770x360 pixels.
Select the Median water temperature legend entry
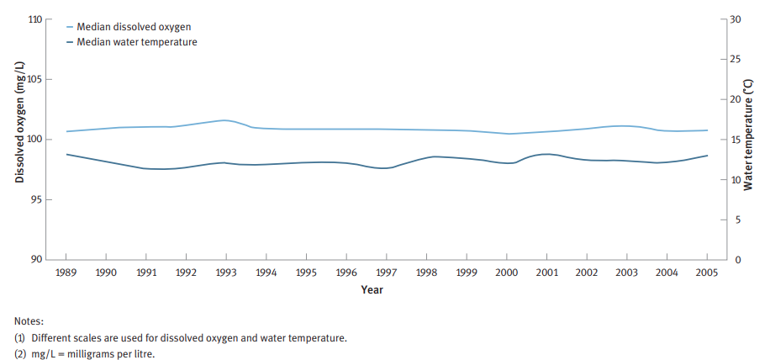[x=134, y=41]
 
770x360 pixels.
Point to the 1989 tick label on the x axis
[x=66, y=273]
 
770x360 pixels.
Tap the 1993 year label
[x=226, y=273]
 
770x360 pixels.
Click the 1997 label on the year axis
[x=387, y=273]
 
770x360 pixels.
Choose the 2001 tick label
[x=546, y=273]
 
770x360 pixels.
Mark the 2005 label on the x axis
[x=707, y=273]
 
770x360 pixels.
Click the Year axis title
[x=372, y=289]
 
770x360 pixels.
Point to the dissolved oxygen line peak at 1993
[x=225, y=120]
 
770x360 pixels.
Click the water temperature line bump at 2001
[x=546, y=154]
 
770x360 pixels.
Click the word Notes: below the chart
[x=29, y=321]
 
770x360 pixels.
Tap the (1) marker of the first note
[x=20, y=338]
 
